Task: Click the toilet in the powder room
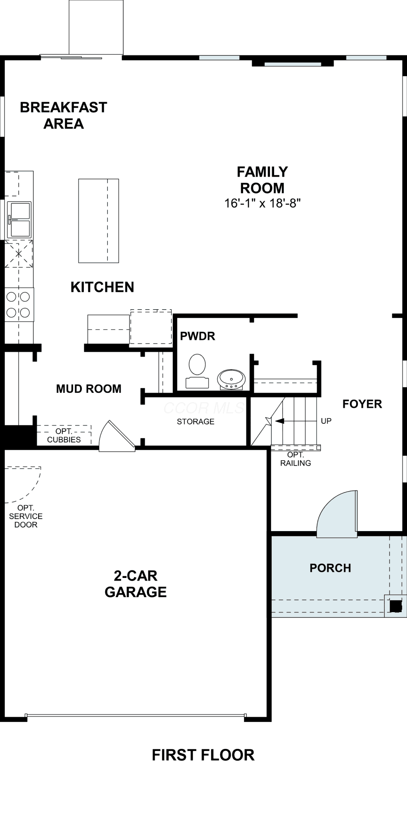coord(197,371)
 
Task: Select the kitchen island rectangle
coord(99,221)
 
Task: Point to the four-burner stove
coord(19,304)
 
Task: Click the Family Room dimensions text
coord(262,203)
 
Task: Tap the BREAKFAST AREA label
coord(63,116)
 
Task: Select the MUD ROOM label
coord(89,389)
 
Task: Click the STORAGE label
coord(196,422)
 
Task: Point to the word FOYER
coord(362,404)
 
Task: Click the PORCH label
coord(330,568)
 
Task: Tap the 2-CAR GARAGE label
coord(136,584)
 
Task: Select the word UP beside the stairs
coord(326,421)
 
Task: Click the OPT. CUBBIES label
coord(64,435)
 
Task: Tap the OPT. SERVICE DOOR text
coord(26,516)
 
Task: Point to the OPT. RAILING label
coord(296,459)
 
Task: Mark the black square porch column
coord(396,606)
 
